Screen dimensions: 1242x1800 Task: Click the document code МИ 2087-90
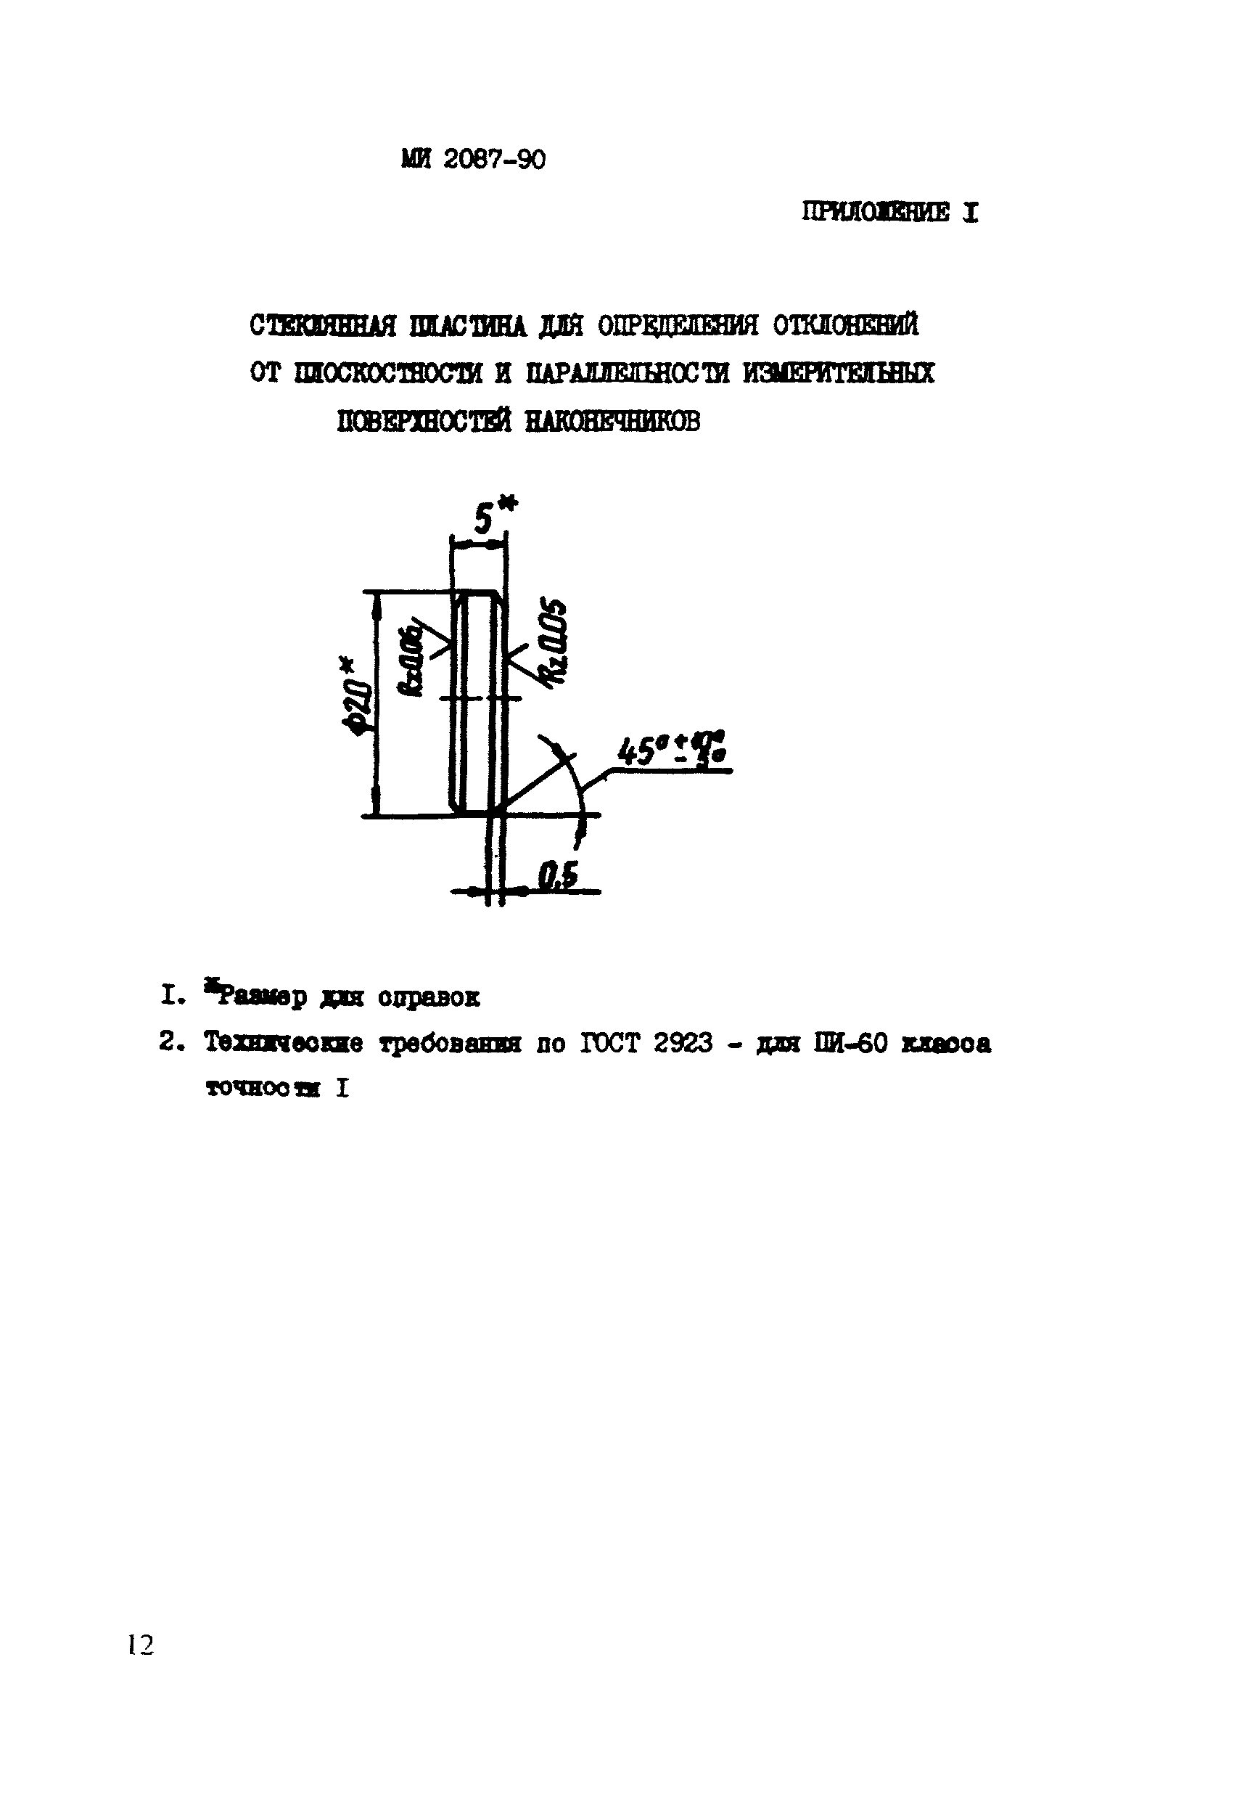(x=473, y=159)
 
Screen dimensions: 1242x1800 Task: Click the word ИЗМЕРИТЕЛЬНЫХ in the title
(x=838, y=374)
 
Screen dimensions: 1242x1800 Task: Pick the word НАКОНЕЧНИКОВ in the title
(x=612, y=421)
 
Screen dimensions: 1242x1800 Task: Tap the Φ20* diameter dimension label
(x=356, y=699)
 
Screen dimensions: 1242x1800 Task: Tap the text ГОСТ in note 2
(x=609, y=1042)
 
